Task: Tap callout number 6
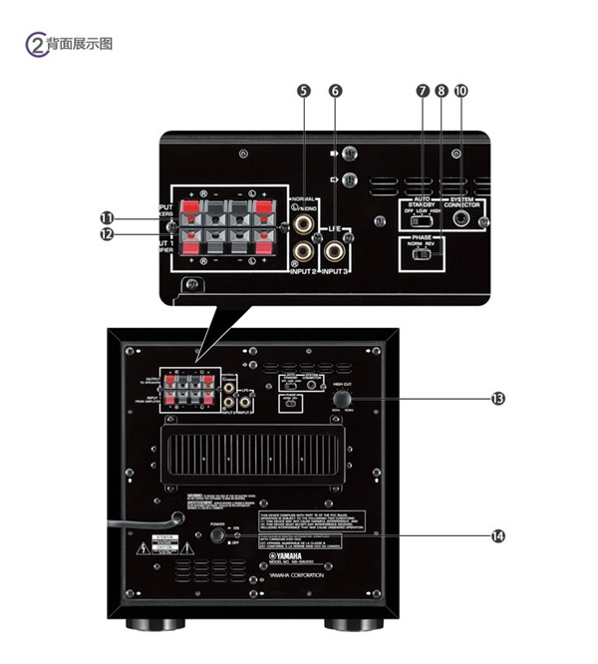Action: (335, 91)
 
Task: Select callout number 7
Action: (423, 91)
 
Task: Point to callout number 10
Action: (459, 91)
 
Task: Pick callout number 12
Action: (106, 235)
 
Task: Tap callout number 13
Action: (497, 398)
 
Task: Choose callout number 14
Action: (497, 534)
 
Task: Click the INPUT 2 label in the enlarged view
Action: (301, 270)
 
